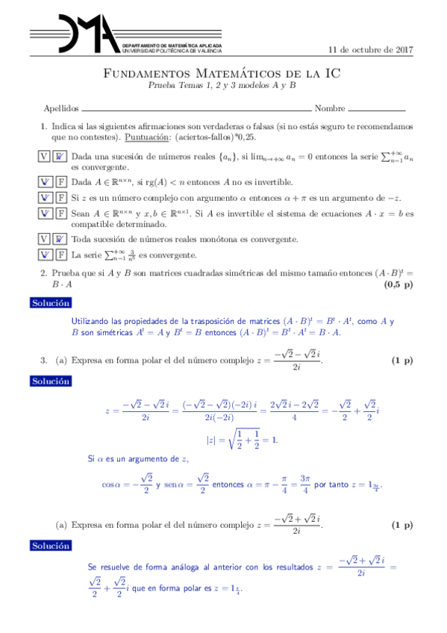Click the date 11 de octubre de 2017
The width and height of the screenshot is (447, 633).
371,50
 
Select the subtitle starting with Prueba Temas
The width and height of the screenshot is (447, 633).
221,85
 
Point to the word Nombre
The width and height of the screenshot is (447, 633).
330,108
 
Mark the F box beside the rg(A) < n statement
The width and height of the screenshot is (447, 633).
60,182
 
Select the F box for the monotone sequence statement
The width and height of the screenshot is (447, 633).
60,240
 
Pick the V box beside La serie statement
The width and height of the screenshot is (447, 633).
44,255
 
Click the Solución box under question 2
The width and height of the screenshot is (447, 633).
51,303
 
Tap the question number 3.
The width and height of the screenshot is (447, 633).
43,361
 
